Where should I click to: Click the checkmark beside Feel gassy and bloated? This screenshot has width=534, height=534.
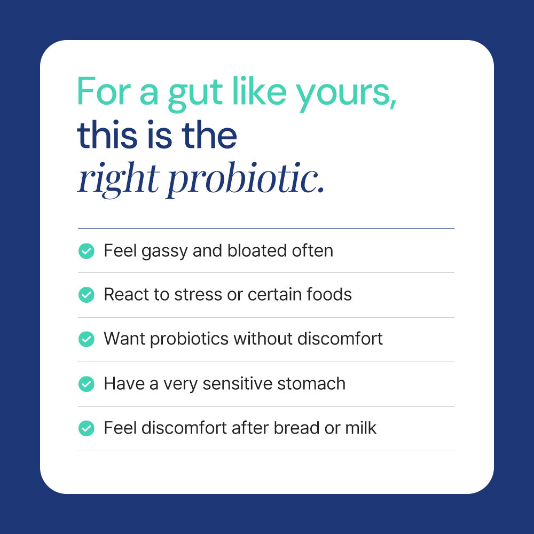[x=86, y=250]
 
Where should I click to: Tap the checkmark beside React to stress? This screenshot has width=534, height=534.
[x=86, y=295]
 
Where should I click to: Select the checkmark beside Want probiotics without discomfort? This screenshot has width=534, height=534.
[x=86, y=339]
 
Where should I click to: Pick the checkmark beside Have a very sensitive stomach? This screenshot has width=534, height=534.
[x=86, y=383]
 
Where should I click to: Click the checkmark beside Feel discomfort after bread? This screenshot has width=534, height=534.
[x=86, y=428]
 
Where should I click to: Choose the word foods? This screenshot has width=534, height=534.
[x=329, y=295]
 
